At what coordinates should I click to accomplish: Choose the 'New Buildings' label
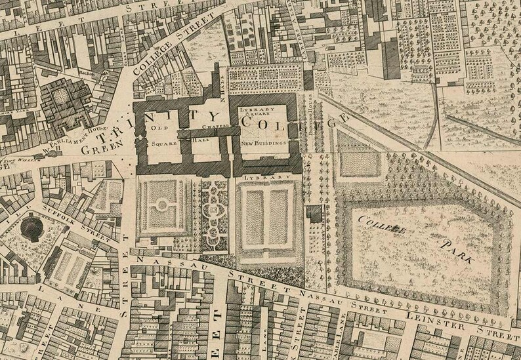tap(265, 141)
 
